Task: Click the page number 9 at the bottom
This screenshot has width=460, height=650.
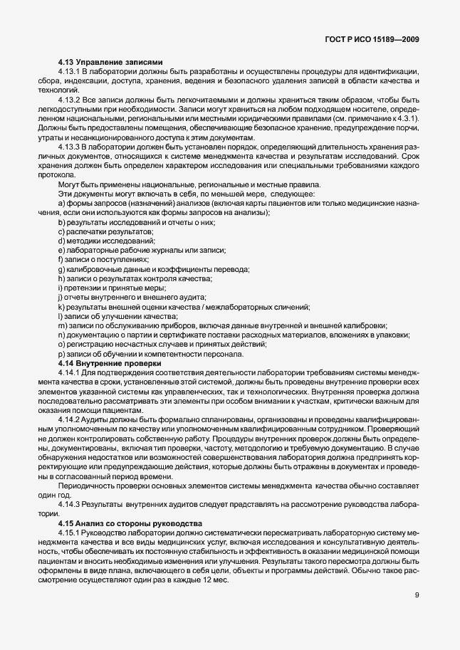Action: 417,597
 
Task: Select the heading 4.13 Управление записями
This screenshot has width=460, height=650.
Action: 110,63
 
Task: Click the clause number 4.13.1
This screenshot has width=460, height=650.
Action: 70,73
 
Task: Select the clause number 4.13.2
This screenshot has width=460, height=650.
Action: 70,100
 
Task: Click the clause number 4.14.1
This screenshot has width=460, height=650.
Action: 70,372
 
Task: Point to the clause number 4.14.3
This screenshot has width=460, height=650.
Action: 70,504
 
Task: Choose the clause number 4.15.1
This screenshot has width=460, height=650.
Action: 70,533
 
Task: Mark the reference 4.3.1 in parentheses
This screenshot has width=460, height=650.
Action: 406,118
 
